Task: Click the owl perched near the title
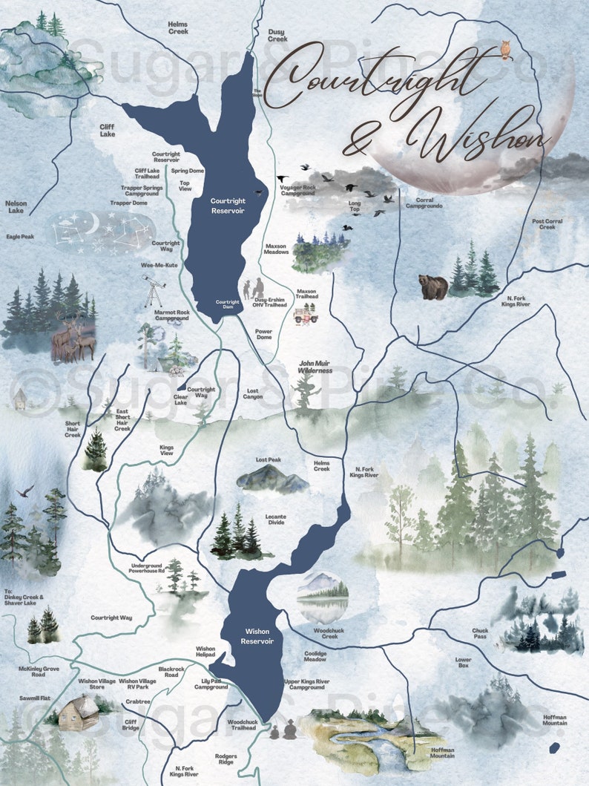(x=506, y=49)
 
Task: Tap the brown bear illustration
(x=432, y=286)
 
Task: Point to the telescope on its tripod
(x=154, y=291)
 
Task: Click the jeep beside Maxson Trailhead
(x=305, y=315)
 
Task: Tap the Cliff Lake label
(x=108, y=130)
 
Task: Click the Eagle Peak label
(x=20, y=237)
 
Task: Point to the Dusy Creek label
(x=277, y=35)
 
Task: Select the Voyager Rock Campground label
(x=297, y=191)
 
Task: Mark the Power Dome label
(x=263, y=335)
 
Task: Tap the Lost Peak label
(x=268, y=460)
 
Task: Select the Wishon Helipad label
(x=205, y=651)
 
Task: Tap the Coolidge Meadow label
(x=315, y=657)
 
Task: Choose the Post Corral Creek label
(x=547, y=224)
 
